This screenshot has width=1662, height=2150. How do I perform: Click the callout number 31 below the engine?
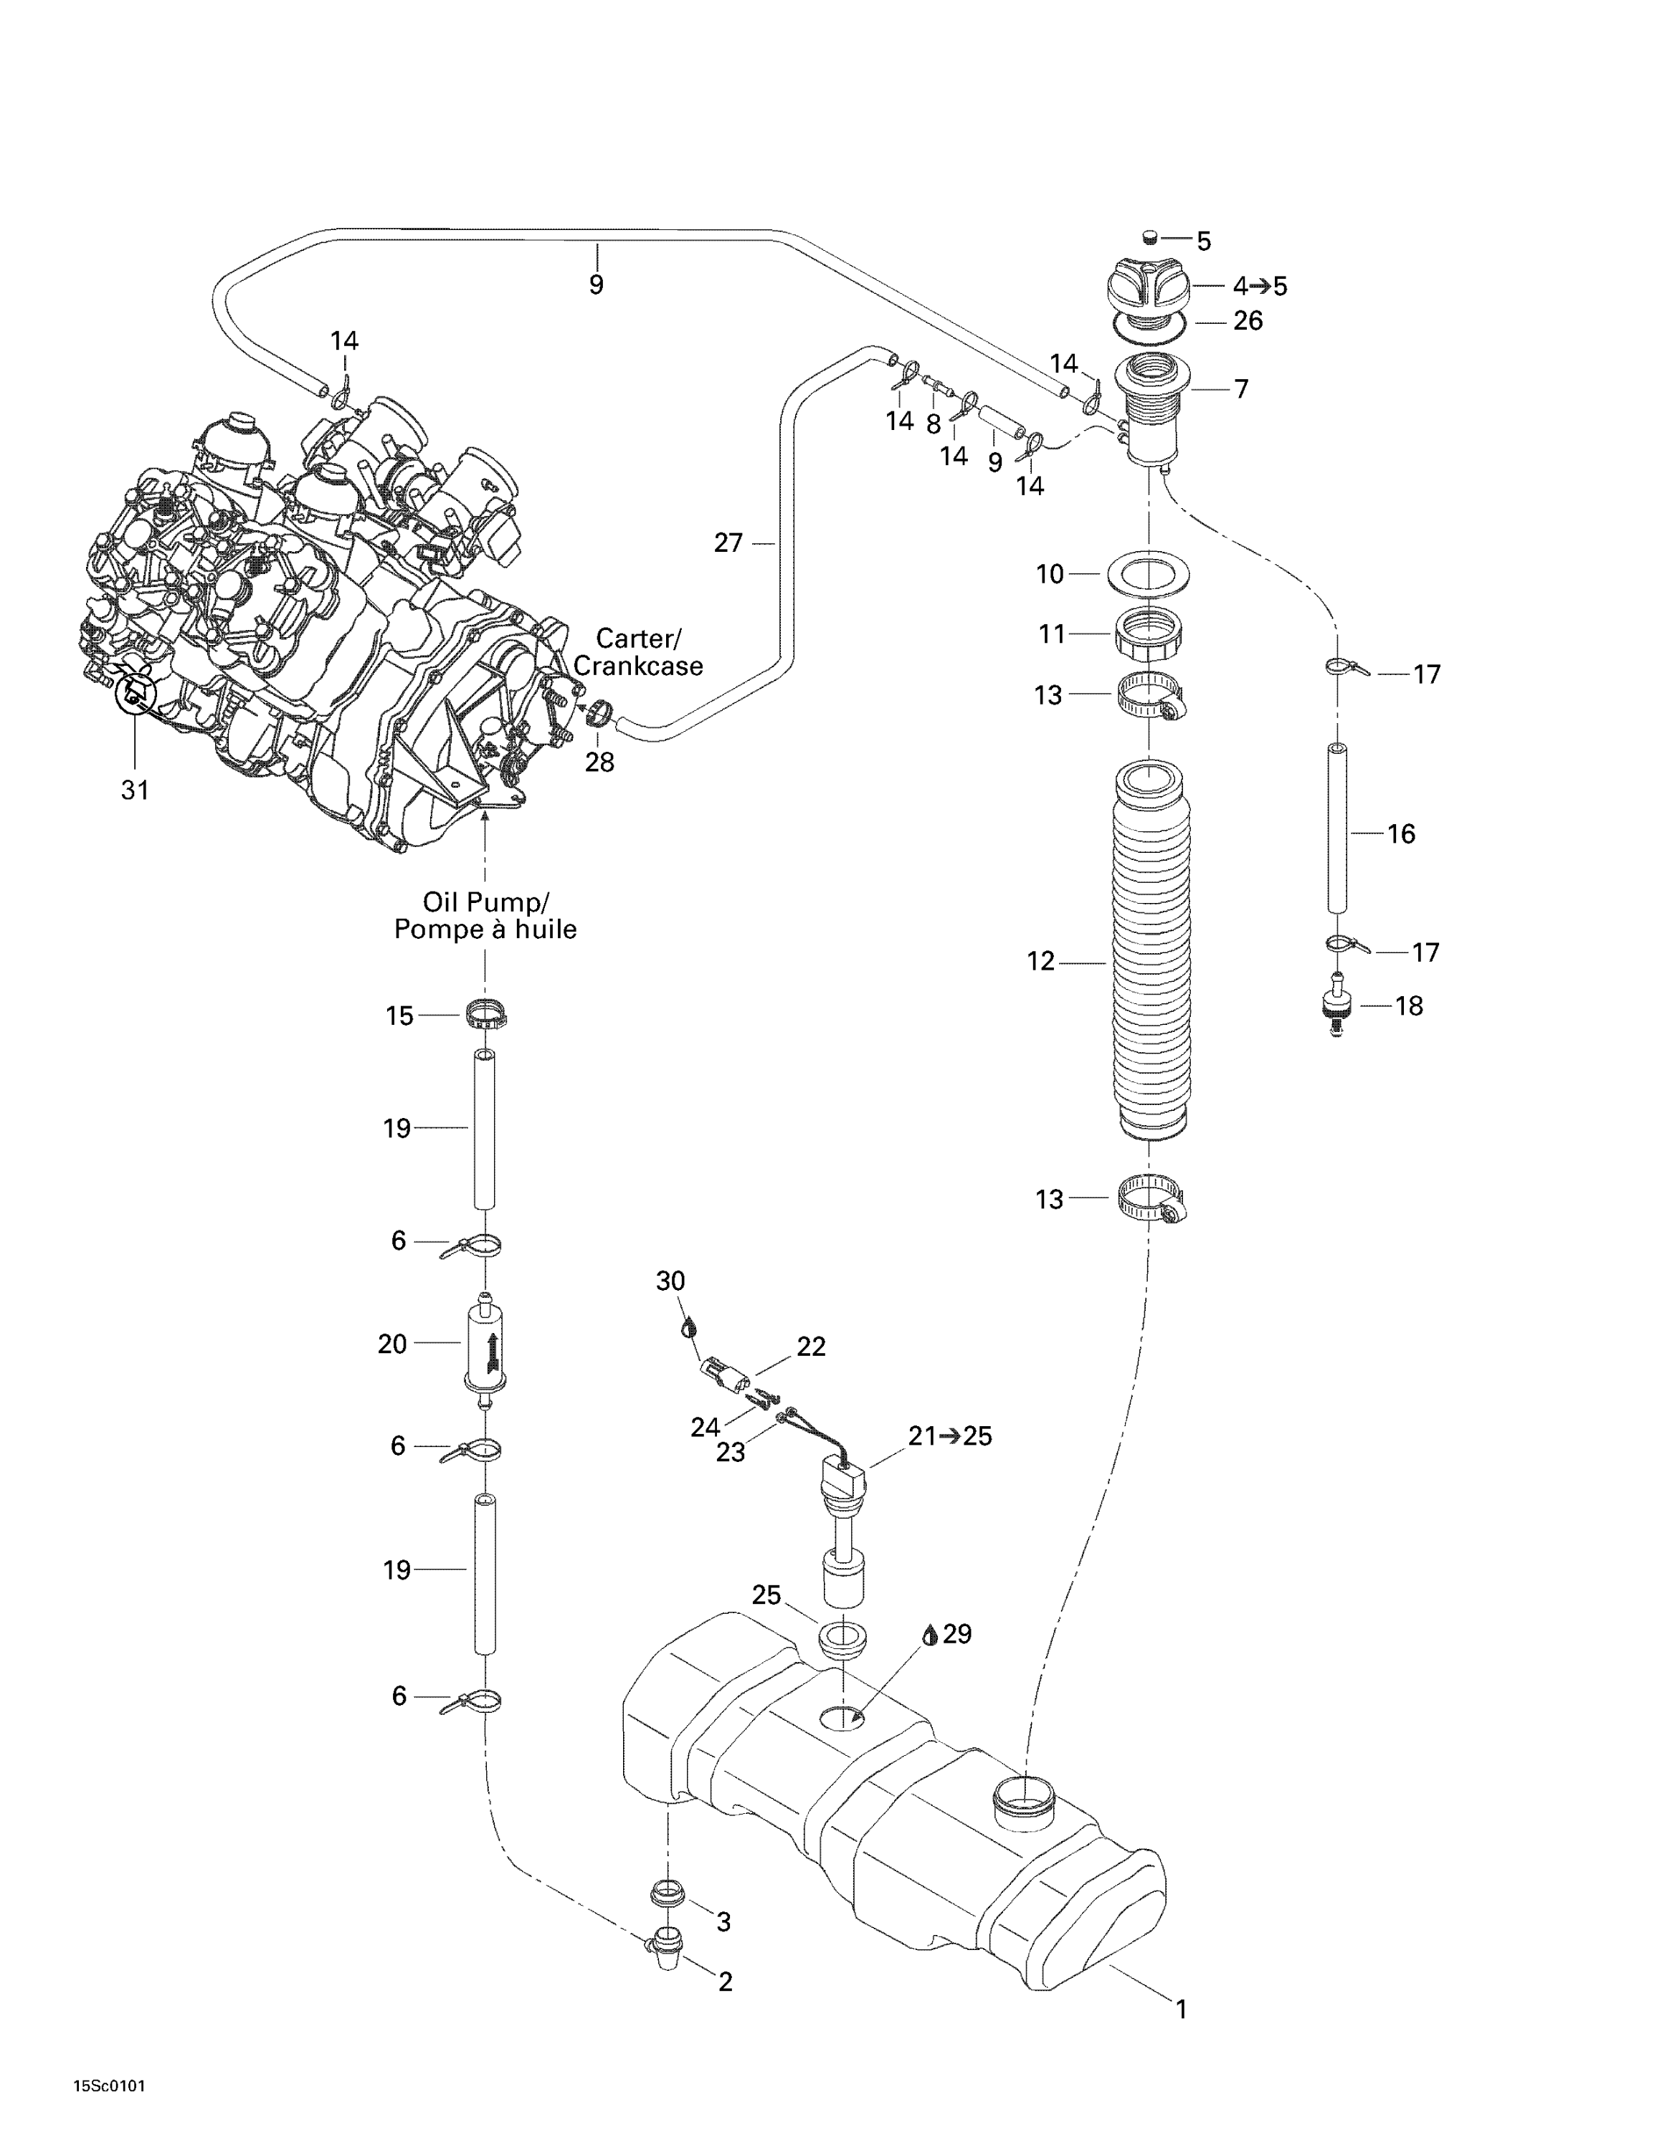[135, 790]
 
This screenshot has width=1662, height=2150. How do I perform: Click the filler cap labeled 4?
[1149, 287]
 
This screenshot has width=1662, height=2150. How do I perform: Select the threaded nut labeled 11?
[1149, 635]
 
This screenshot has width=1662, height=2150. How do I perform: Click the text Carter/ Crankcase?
[638, 653]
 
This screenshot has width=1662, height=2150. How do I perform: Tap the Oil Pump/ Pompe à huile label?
[485, 915]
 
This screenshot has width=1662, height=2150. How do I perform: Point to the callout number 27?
[728, 543]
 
